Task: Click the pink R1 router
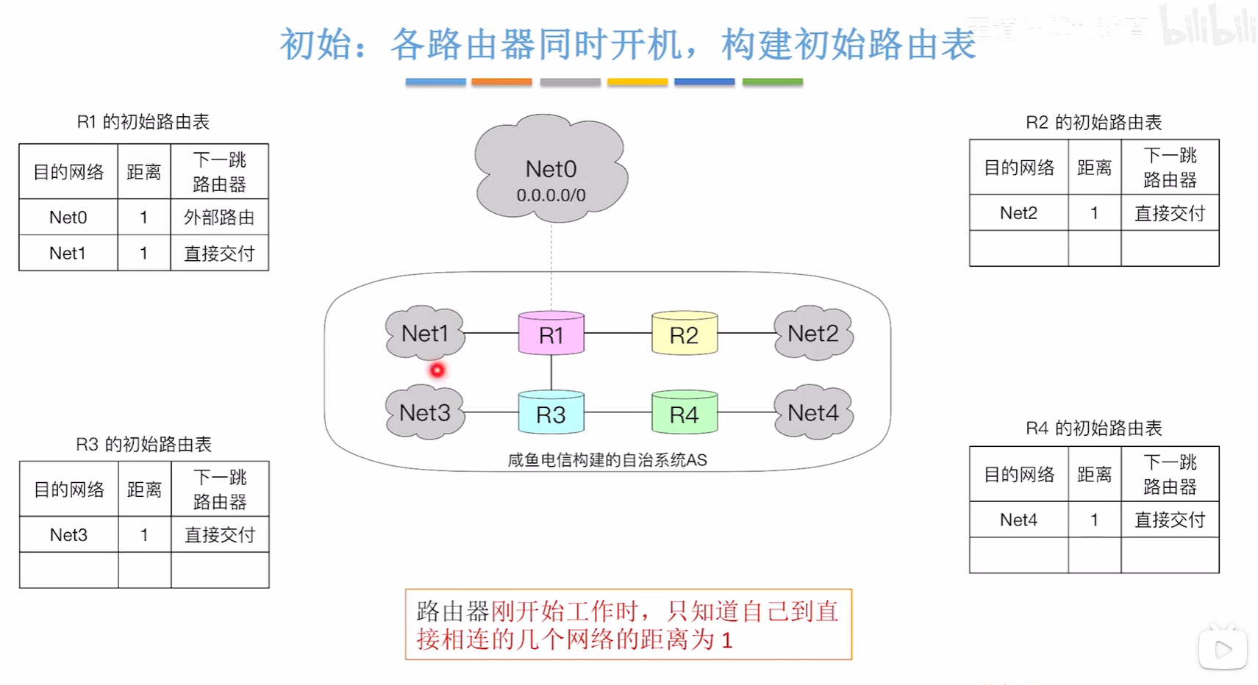[551, 334]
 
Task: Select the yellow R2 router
[684, 334]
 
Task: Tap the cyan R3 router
[551, 414]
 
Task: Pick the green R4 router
[684, 414]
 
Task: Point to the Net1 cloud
[425, 333]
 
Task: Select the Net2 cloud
[812, 333]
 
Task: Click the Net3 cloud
[425, 412]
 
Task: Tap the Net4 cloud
[812, 412]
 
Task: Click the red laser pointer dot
[437, 370]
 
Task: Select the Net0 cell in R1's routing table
[68, 217]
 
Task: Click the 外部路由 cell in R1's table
[219, 217]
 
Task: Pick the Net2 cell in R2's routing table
[1018, 212]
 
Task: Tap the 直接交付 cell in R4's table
[1170, 520]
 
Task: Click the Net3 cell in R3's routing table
[68, 534]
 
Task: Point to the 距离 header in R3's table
[144, 489]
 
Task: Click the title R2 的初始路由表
[1093, 122]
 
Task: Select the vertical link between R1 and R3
[551, 373]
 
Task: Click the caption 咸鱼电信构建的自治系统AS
[607, 460]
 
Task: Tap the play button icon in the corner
[1223, 649]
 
